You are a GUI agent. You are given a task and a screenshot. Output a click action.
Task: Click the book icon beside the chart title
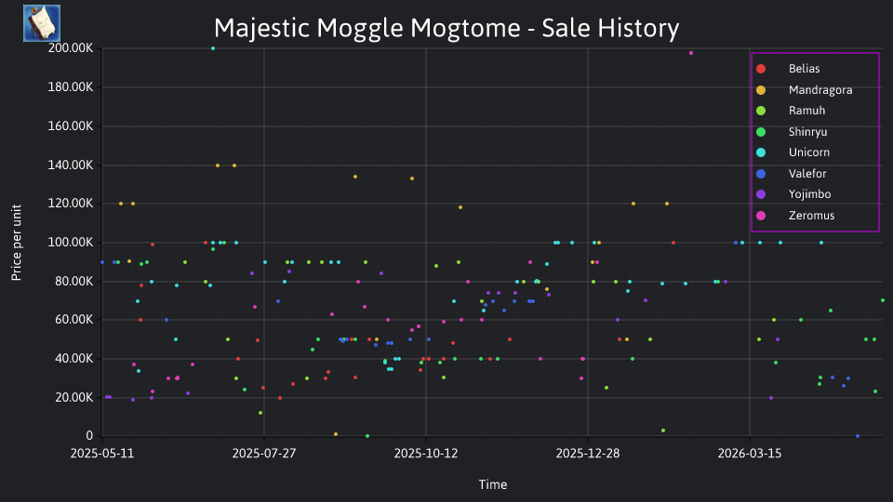(42, 23)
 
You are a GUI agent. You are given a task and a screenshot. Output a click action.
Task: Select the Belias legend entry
(804, 69)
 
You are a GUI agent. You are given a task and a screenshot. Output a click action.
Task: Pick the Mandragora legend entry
(820, 90)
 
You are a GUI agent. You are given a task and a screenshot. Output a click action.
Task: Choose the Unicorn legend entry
(808, 152)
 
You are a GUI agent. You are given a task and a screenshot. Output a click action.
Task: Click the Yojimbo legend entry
(809, 194)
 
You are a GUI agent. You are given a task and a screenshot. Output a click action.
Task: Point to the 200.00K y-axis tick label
(71, 48)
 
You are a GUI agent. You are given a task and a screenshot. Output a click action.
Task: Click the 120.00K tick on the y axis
(71, 204)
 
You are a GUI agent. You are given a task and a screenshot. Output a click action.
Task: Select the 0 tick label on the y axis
(89, 436)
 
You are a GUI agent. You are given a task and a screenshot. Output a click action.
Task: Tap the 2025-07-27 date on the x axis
(264, 454)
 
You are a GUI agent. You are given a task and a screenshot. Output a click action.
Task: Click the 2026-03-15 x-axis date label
(750, 454)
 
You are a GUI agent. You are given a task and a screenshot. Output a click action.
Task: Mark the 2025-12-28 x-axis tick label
(588, 454)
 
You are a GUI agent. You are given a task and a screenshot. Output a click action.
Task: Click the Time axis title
(493, 485)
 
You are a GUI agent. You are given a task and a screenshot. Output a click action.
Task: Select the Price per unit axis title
(17, 243)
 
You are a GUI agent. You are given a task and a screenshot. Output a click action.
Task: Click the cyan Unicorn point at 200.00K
(213, 48)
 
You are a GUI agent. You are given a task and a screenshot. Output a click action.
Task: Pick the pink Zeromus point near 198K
(691, 53)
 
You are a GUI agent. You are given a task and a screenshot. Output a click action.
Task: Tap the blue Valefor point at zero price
(858, 436)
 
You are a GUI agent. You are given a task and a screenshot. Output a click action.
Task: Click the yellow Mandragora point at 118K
(460, 207)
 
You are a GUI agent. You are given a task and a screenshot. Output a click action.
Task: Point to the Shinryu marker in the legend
(761, 132)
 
